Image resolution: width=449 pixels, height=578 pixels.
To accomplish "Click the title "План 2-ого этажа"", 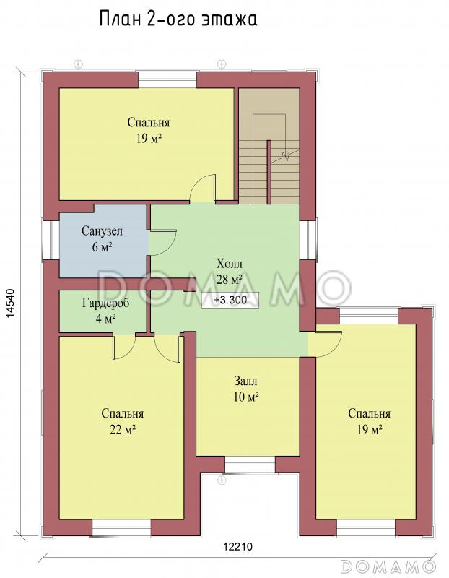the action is point(178,20).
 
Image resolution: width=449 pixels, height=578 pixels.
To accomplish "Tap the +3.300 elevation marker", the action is point(230,300).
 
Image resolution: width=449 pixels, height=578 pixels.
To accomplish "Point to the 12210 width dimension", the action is point(237,546).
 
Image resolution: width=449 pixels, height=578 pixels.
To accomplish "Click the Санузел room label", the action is point(102,231).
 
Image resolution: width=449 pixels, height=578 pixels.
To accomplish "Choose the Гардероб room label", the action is point(105,303).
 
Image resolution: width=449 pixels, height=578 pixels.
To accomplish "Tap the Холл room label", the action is point(230,264).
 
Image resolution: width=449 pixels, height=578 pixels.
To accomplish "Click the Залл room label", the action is point(245,381).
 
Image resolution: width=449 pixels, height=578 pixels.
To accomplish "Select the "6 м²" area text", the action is point(102,247).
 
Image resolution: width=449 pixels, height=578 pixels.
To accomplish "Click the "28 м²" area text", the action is point(229,280).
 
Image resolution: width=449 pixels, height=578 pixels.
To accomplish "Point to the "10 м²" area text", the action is point(245,397).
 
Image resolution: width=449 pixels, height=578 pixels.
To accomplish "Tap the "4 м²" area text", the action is point(106,318).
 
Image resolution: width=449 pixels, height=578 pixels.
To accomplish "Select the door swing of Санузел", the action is point(163,242).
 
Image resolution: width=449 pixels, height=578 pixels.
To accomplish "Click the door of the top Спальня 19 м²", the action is point(202,188).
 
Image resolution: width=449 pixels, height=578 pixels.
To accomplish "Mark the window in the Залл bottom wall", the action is point(250,465).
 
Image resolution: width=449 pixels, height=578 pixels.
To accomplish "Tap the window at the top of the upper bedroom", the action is point(167,79).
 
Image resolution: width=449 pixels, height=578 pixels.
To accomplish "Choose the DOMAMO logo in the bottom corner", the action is point(388,566).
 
